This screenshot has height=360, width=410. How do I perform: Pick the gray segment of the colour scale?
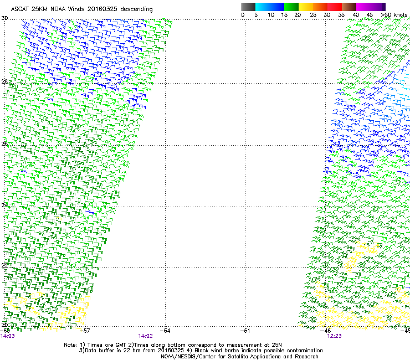tap(248, 7)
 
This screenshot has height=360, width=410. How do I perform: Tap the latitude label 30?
tap(4, 18)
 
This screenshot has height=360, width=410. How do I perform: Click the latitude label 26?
tap(4, 144)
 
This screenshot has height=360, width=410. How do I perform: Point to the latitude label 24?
tap(4, 205)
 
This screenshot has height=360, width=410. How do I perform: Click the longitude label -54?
tap(165, 331)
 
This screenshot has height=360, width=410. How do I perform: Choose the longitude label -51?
tap(245, 331)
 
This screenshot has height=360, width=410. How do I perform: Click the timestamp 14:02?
tap(145, 336)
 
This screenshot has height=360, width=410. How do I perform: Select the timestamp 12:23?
tap(334, 336)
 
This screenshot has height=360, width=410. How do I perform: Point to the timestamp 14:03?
tap(8, 336)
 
